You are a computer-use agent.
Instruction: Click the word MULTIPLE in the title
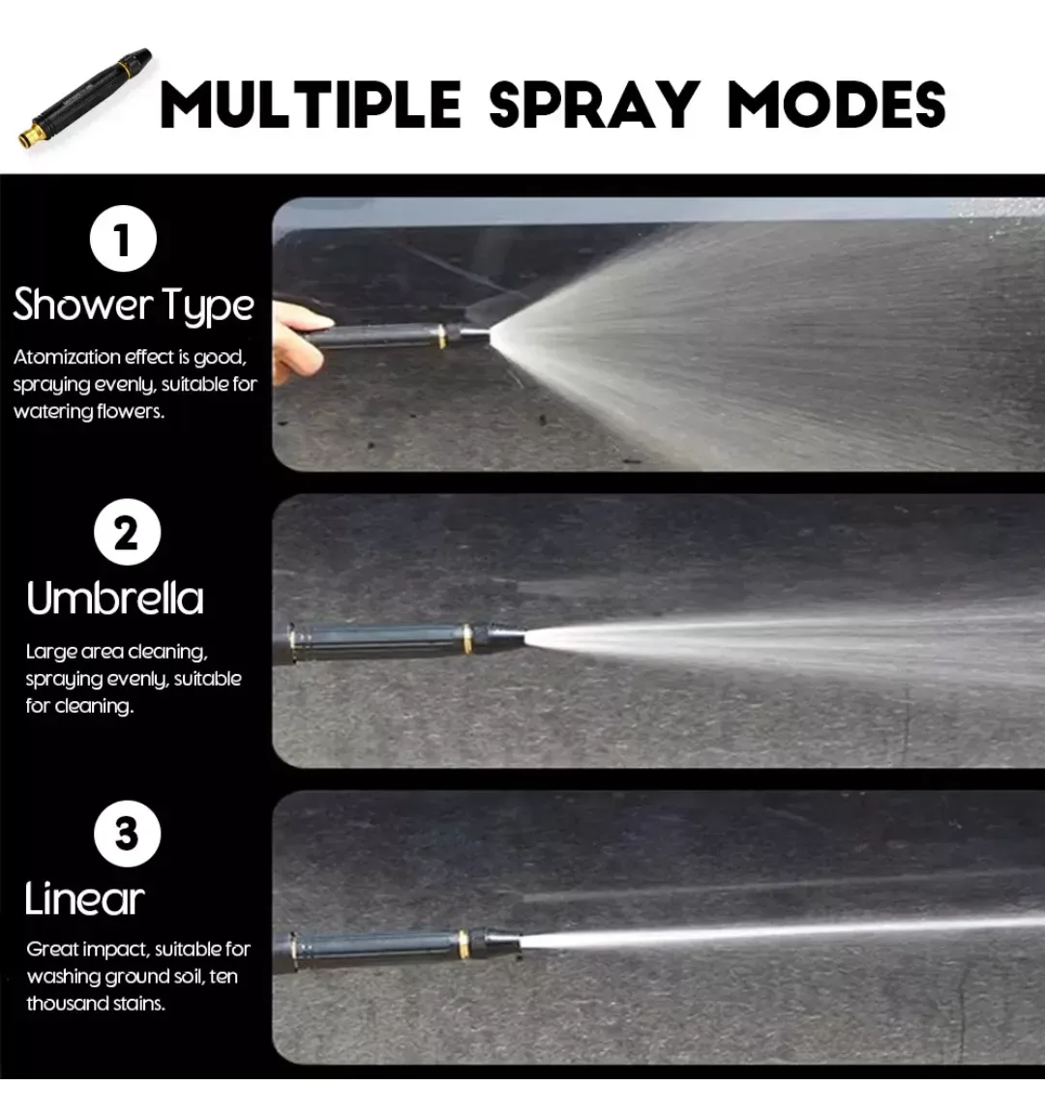coord(312,104)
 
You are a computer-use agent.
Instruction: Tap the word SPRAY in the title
coord(594,104)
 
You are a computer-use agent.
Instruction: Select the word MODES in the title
coord(837,104)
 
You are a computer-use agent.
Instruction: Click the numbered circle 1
coord(123,239)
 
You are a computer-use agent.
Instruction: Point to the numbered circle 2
coord(128,532)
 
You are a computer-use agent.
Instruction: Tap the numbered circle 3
coord(128,834)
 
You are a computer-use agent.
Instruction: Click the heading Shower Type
coord(134,306)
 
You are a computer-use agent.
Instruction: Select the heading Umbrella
coord(114,599)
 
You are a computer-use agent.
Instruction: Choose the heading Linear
coord(84,898)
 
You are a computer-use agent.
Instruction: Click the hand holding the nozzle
coord(299,341)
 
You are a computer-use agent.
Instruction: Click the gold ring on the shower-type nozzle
coord(441,337)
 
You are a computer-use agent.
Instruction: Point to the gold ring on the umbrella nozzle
coord(467,638)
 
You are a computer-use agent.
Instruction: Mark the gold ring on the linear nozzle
coord(463,944)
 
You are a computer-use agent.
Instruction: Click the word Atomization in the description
coord(67,357)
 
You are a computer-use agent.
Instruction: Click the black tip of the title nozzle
coord(140,59)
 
